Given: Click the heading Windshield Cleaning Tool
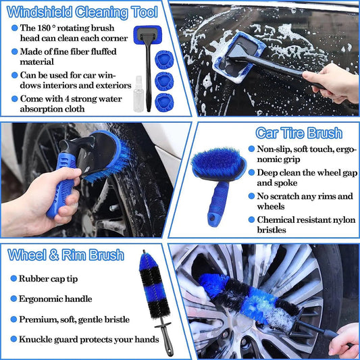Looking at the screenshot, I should pyautogui.click(x=81, y=11).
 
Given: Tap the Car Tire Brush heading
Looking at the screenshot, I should pyautogui.click(x=298, y=132).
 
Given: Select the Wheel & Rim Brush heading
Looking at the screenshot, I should pyautogui.click(x=66, y=255).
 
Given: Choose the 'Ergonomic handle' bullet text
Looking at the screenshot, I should pyautogui.click(x=55, y=299).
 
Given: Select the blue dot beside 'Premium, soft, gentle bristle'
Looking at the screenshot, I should pyautogui.click(x=12, y=319).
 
